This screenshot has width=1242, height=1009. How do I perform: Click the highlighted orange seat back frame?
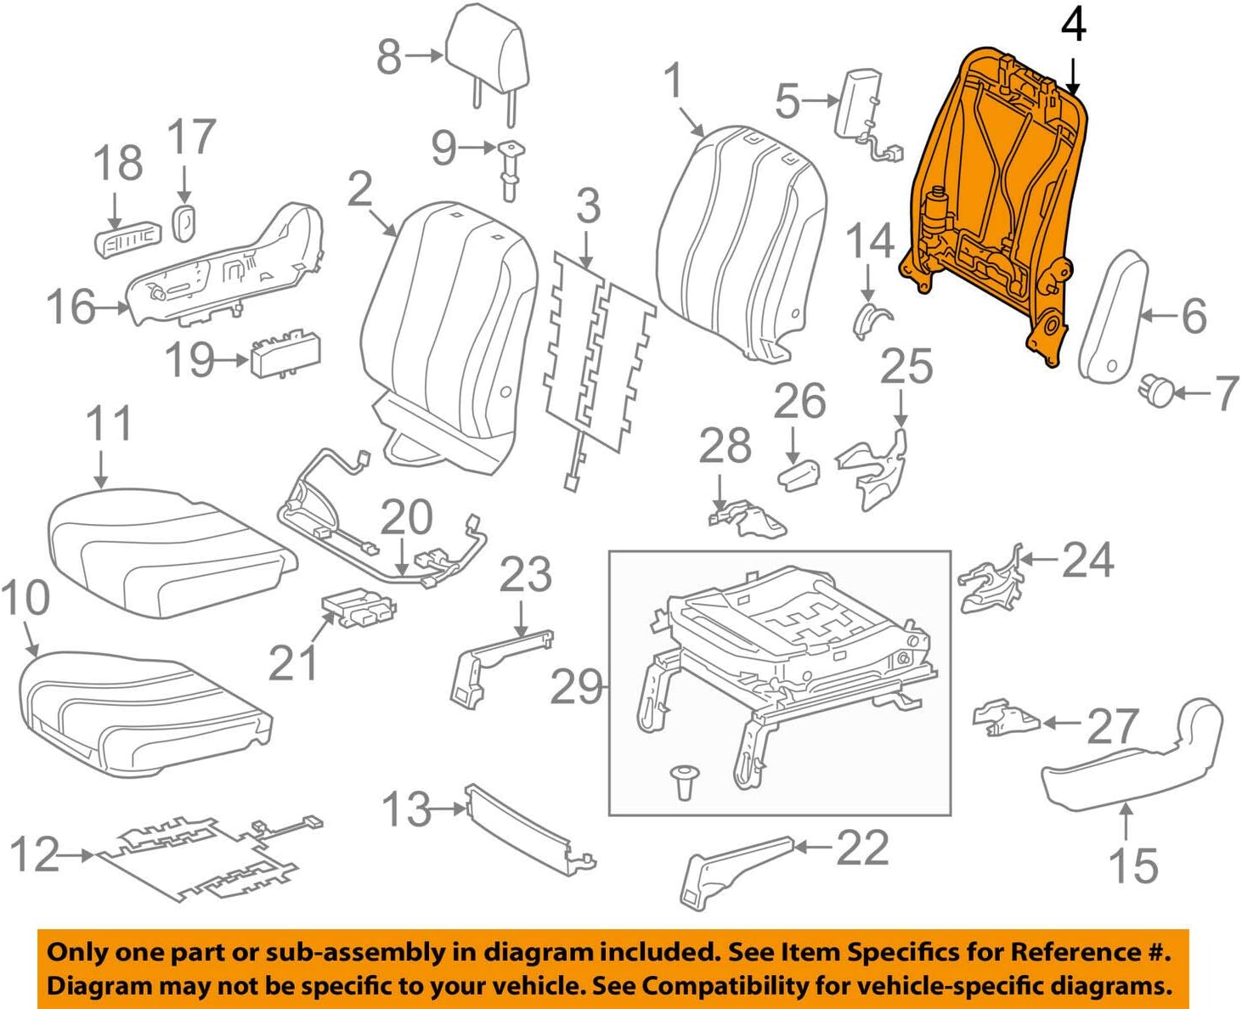click(x=994, y=195)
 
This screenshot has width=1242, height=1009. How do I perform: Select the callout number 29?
click(x=576, y=686)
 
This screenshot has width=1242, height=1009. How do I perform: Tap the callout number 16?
click(x=71, y=307)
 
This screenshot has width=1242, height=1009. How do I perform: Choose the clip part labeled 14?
click(x=871, y=319)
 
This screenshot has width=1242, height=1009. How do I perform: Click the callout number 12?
click(x=34, y=854)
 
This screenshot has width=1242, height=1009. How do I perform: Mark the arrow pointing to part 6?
click(x=1160, y=316)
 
